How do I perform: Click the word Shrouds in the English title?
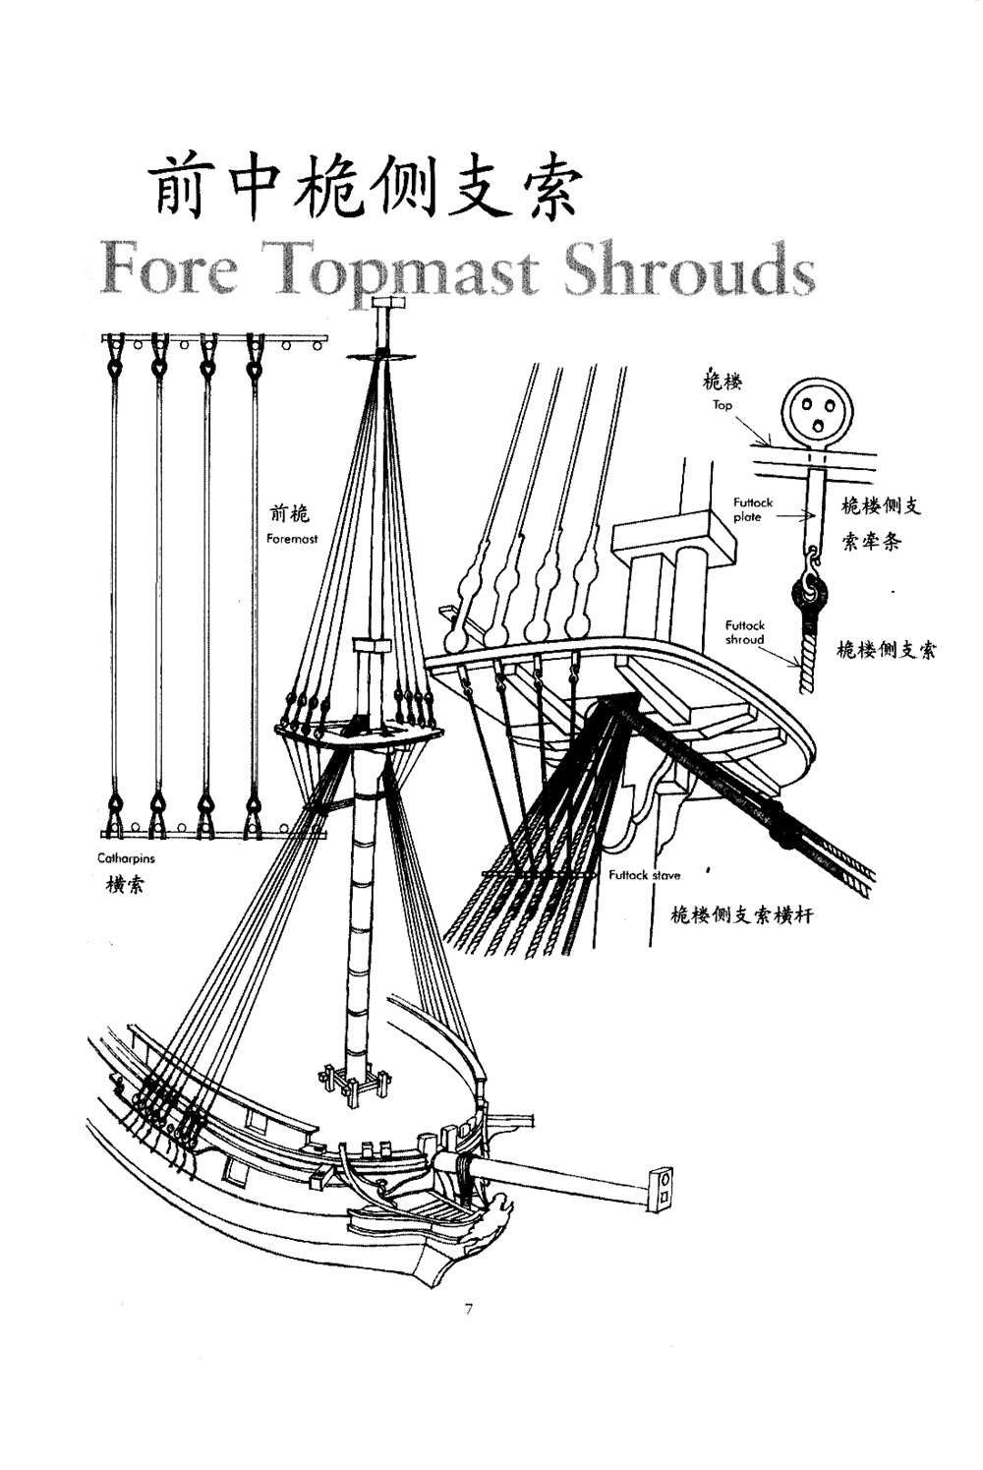click(689, 269)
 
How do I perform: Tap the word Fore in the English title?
click(169, 269)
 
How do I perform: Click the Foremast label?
click(292, 539)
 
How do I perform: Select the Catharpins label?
click(126, 857)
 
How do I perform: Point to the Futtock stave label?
click(645, 875)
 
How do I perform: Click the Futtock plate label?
click(753, 510)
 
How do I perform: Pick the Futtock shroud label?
click(745, 632)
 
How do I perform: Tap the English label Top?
click(723, 405)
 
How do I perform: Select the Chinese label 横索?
click(125, 885)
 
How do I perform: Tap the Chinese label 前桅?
click(289, 514)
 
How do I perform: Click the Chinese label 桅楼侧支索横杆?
click(741, 914)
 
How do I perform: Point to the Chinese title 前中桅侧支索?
click(365, 188)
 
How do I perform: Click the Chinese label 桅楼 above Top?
click(723, 382)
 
